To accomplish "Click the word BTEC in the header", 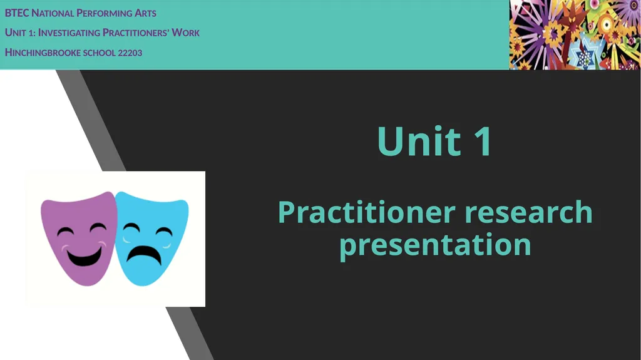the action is click(17, 13).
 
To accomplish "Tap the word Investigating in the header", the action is click(69, 33).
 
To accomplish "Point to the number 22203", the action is click(130, 53).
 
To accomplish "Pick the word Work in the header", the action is click(185, 33).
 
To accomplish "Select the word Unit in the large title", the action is click(419, 141).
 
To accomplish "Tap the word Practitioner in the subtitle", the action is click(367, 212).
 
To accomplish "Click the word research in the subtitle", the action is click(528, 212).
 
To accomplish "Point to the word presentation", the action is click(435, 245).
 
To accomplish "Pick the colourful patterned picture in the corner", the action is click(575, 34).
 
